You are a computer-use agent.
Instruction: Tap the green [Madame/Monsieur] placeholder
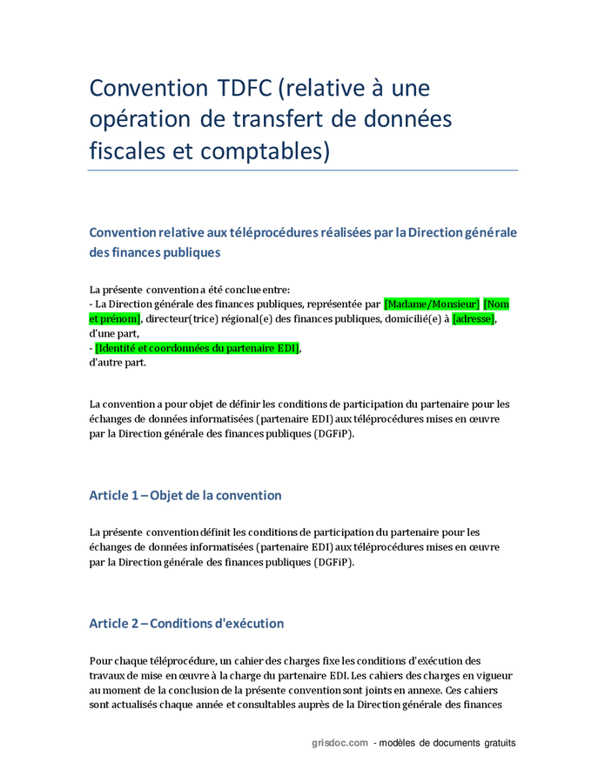432,304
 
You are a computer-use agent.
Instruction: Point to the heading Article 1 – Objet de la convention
185,495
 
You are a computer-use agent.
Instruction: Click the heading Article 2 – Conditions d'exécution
186,624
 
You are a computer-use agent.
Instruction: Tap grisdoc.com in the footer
339,743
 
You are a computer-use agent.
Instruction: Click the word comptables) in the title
266,151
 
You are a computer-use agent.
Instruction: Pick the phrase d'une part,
114,333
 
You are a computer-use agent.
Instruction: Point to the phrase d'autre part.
118,363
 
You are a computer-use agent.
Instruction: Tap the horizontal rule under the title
303,171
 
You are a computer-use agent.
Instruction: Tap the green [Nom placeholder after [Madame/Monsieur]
496,304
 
